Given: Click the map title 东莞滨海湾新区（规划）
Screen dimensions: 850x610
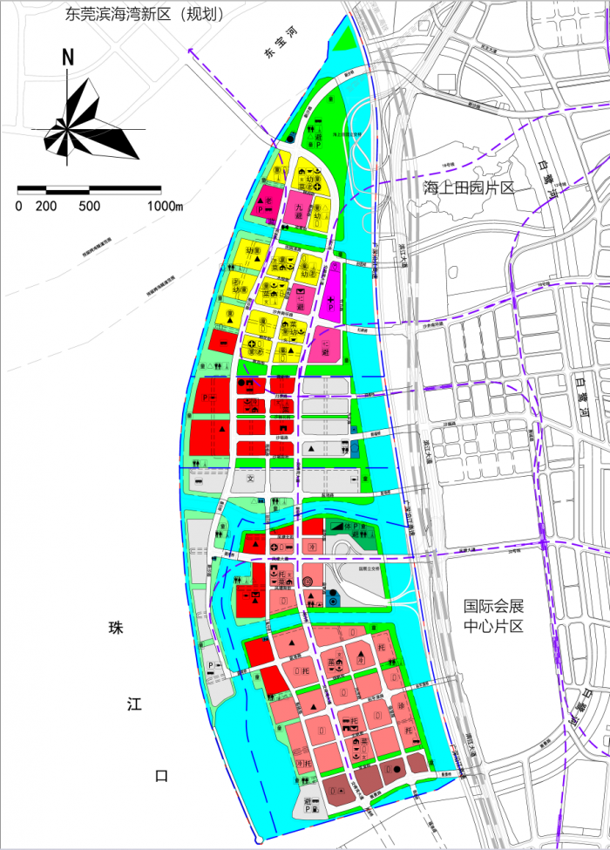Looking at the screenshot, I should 145,15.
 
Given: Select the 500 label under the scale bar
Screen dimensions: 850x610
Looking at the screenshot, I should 89,207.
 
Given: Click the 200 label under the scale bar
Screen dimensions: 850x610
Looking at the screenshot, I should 46,207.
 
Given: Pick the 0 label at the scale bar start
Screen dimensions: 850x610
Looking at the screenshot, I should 19,207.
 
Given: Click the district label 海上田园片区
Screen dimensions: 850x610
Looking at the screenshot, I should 470,189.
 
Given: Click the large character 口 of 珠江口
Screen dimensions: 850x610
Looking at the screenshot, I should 159,776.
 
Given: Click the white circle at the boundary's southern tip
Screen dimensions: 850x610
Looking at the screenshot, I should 258,840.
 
